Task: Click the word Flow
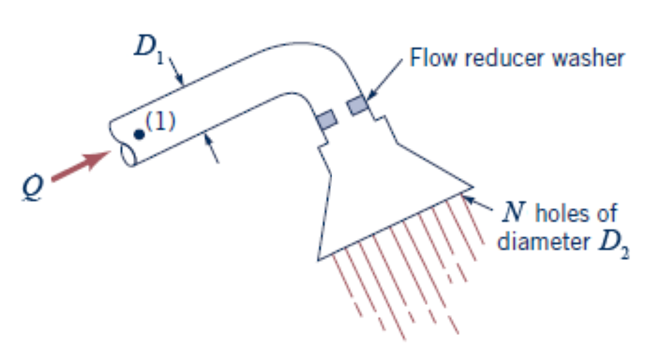pyautogui.click(x=431, y=58)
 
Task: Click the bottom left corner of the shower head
pyautogui.click(x=318, y=258)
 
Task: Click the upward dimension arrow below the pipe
pyautogui.click(x=208, y=142)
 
